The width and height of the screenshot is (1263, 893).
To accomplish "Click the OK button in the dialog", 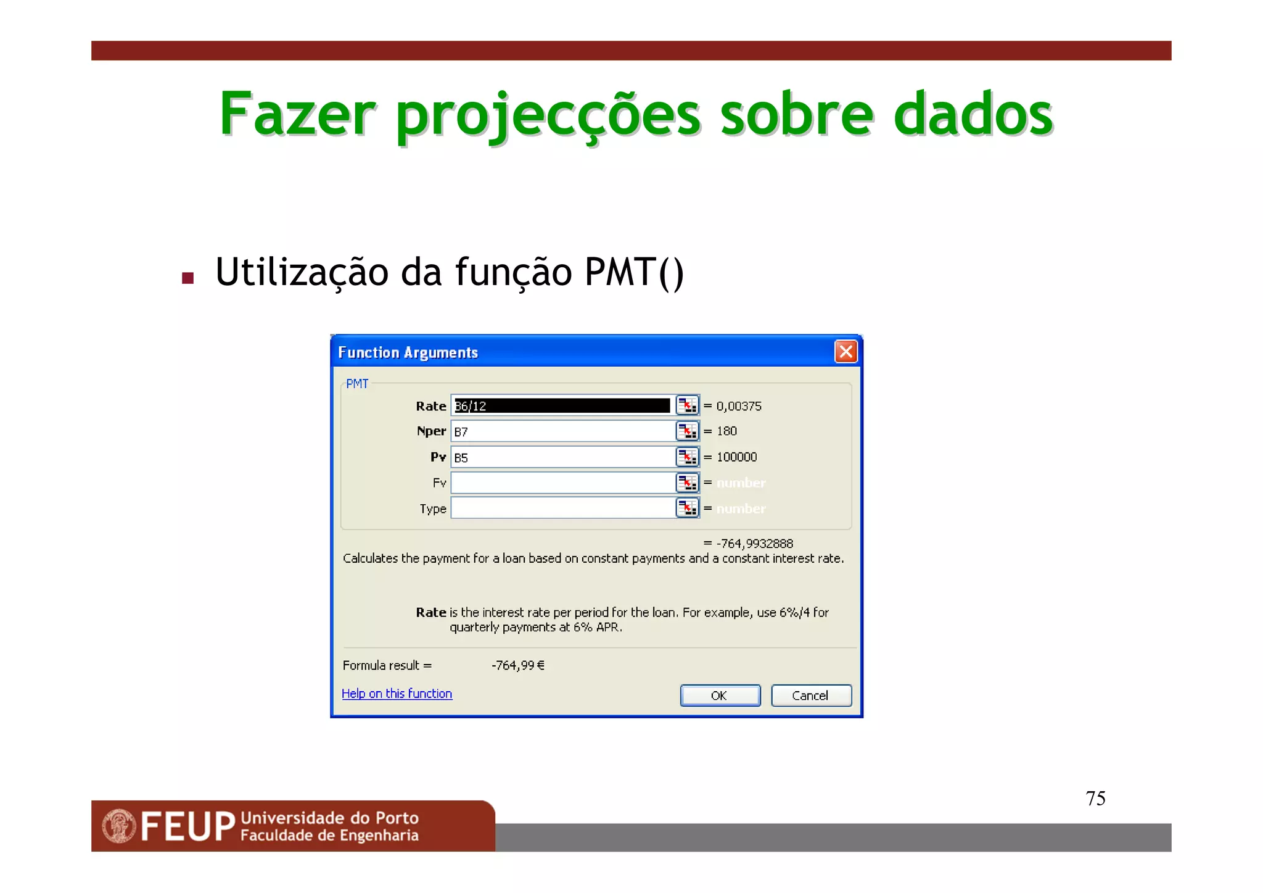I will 720,696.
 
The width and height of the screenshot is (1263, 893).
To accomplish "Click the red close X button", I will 845,352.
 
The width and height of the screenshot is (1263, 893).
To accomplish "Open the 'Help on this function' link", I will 397,694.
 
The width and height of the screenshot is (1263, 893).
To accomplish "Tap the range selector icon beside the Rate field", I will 687,405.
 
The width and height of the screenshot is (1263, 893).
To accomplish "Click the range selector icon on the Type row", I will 687,508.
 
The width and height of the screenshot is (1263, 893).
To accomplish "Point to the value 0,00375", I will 739,406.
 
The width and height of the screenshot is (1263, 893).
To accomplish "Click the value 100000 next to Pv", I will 736,457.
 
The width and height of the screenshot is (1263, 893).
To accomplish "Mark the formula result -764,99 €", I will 518,665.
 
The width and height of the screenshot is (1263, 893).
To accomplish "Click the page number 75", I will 1095,799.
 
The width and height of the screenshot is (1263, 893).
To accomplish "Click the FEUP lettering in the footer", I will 188,826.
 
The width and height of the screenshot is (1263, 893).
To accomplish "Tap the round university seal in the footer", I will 119,826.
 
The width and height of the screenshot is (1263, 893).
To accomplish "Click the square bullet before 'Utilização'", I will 188,278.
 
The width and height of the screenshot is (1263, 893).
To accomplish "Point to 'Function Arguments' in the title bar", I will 408,352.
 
